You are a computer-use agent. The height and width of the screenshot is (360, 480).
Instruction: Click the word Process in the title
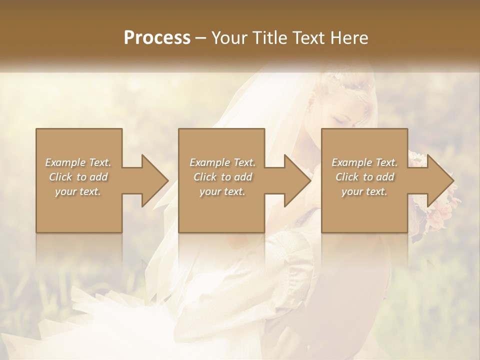click(157, 37)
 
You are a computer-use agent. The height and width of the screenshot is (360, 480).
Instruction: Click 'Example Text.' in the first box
click(78, 162)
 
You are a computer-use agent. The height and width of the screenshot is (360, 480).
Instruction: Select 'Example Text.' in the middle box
click(222, 162)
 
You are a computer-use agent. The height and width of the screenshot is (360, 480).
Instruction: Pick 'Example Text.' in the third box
click(364, 162)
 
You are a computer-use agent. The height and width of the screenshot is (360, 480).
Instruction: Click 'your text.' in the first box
click(78, 191)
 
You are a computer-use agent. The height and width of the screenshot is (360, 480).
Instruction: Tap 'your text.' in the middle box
click(222, 191)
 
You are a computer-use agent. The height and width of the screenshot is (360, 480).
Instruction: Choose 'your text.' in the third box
click(364, 191)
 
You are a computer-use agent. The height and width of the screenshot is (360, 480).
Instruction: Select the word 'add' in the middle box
click(243, 177)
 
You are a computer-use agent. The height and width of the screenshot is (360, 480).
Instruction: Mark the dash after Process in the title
click(201, 38)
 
